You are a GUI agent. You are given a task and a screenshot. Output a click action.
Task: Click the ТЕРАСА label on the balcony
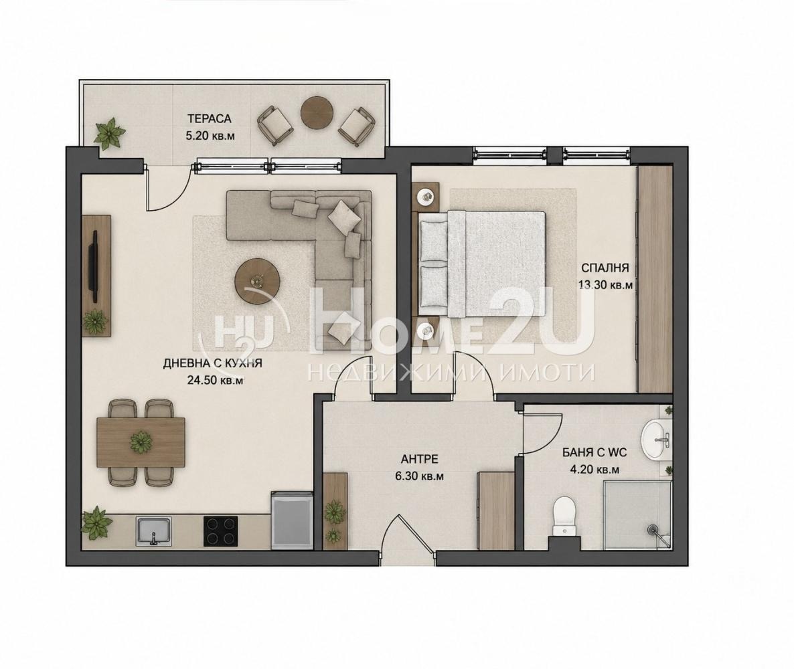tap(209, 119)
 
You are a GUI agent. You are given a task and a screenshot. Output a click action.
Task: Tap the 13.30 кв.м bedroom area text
tap(605, 285)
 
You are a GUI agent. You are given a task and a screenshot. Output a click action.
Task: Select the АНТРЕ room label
tap(419, 460)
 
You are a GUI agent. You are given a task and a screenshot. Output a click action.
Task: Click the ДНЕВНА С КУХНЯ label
tap(213, 363)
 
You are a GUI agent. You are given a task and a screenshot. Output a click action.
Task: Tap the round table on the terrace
tap(317, 112)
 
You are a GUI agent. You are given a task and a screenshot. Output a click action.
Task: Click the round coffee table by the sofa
tap(258, 282)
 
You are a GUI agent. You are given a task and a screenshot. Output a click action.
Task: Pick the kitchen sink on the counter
tap(154, 531)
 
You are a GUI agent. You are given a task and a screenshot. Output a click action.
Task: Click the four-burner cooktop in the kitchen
tap(221, 531)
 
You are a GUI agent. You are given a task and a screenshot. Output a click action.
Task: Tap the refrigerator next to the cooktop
tap(292, 520)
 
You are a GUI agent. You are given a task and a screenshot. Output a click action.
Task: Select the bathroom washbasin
tap(657, 440)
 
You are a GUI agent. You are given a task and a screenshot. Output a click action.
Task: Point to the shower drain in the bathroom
tap(653, 529)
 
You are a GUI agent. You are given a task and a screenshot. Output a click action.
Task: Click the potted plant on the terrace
tap(108, 133)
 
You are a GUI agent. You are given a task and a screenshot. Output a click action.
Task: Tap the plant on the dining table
tap(141, 442)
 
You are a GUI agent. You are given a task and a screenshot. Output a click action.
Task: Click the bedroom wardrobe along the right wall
tap(655, 278)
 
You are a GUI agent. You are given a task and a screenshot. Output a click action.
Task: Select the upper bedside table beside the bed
tap(426, 196)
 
